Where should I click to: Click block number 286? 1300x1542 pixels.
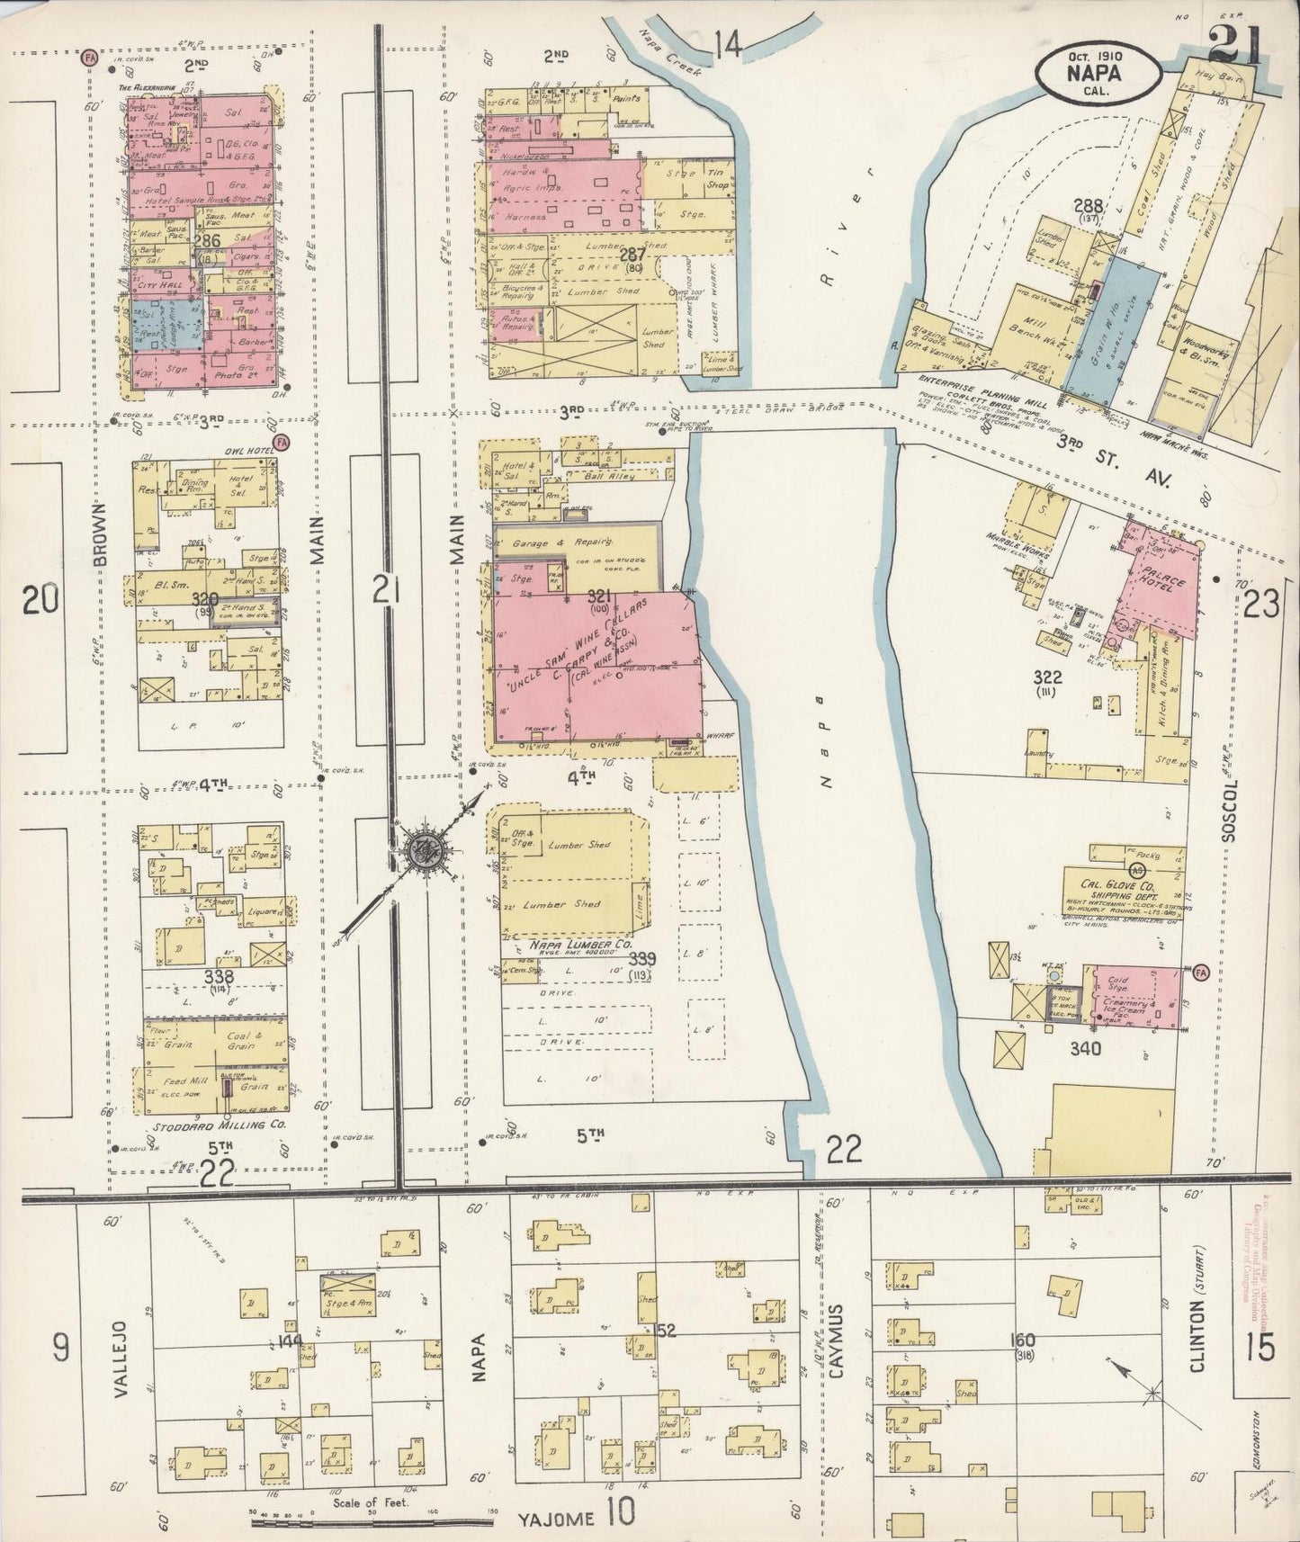pos(207,241)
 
